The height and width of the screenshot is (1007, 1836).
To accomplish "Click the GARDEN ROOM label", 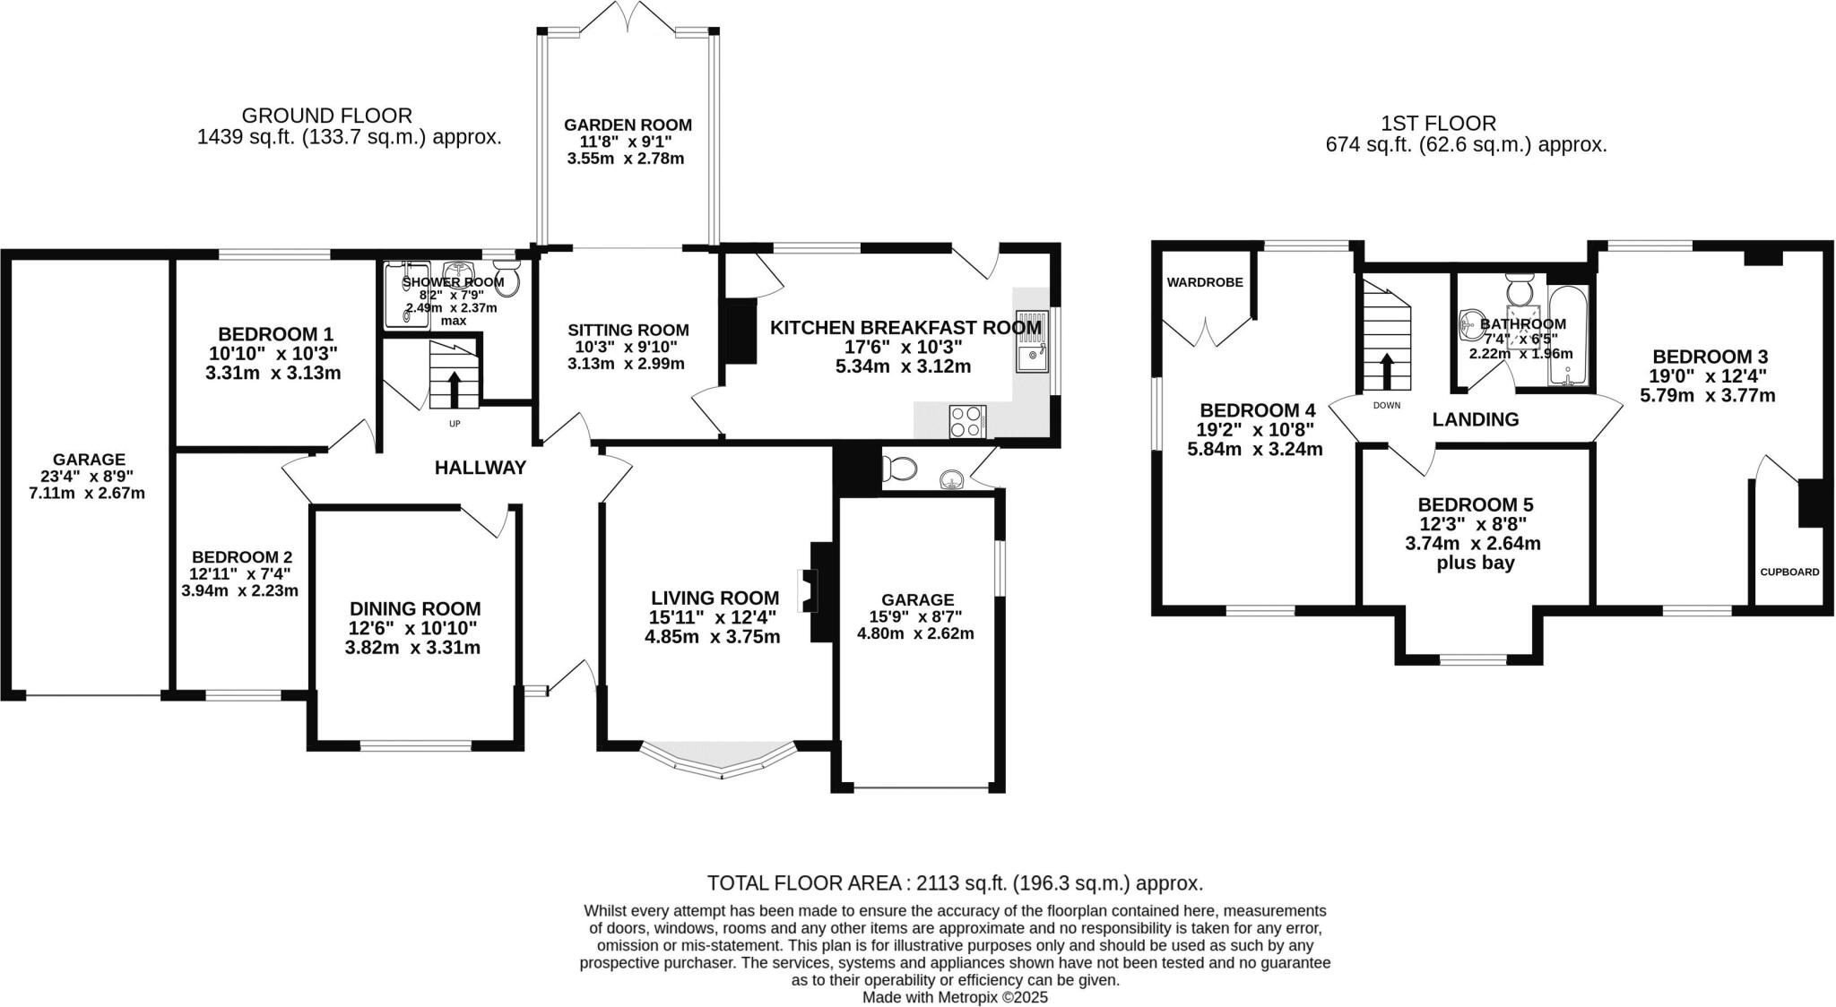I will [627, 125].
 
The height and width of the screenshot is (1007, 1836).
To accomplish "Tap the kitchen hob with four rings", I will [967, 421].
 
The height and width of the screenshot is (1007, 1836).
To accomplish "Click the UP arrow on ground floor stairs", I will [454, 388].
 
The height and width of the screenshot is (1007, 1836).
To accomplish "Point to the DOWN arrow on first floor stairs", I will [1387, 370].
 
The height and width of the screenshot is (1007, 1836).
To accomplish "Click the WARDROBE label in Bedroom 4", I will [1205, 282].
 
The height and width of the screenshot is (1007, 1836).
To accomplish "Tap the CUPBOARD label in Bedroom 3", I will [1789, 572].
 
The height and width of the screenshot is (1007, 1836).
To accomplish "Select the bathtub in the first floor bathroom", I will [1568, 336].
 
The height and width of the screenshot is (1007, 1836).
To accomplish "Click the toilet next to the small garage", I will [899, 468].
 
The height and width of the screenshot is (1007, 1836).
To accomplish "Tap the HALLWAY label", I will [480, 468].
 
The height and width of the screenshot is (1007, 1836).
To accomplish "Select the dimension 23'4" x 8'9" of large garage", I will [88, 477].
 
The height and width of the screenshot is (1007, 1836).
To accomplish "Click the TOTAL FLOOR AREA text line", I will [955, 883].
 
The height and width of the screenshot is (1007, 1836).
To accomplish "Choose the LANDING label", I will [1475, 419].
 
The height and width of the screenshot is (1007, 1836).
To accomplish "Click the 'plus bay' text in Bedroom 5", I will [1475, 564].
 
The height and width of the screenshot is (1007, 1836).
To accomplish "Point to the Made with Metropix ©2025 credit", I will [955, 997].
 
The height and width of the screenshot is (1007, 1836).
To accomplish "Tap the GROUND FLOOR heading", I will [326, 116].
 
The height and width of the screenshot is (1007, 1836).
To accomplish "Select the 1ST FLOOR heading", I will [1439, 124].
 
